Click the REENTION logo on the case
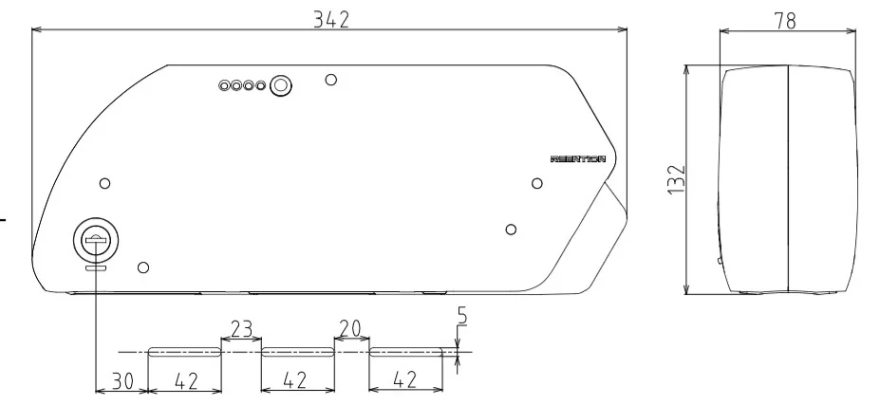[x=578, y=160]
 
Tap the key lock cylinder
[x=96, y=241]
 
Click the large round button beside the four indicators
[x=280, y=86]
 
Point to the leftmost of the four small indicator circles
[x=224, y=86]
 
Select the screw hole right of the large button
[x=329, y=79]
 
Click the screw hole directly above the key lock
[x=105, y=181]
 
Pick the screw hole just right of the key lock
[x=142, y=267]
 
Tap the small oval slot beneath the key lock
[x=96, y=268]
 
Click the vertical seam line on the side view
[x=788, y=180]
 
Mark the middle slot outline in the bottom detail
[x=297, y=351]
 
